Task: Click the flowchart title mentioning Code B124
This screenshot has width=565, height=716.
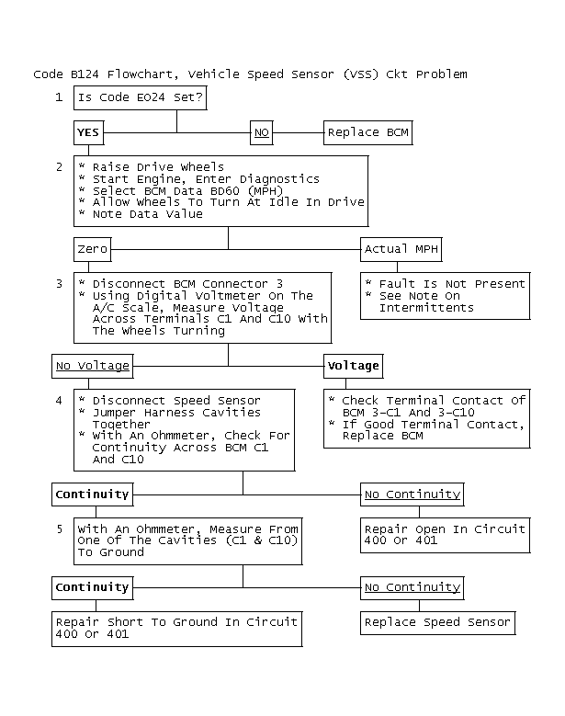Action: click(250, 74)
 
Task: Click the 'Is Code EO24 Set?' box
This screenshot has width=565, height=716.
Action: click(138, 97)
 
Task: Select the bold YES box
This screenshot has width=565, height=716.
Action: click(88, 133)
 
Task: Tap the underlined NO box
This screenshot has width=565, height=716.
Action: click(262, 133)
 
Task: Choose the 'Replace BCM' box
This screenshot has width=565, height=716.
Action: click(367, 133)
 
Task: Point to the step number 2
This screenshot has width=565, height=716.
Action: click(59, 166)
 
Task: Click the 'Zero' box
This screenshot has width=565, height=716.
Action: click(92, 249)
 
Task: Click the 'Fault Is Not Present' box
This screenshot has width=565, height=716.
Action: click(444, 295)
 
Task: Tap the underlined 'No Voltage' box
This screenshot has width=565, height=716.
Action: click(92, 366)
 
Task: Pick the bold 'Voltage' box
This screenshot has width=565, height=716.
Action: click(353, 366)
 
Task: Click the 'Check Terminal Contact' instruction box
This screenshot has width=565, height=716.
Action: click(427, 418)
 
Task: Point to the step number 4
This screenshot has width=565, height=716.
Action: click(59, 401)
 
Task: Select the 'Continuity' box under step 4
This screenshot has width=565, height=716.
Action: click(92, 494)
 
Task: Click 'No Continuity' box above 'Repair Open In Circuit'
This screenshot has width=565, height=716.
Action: click(412, 494)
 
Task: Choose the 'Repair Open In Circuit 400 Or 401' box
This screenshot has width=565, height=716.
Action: click(445, 535)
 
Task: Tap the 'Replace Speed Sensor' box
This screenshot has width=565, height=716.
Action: click(437, 622)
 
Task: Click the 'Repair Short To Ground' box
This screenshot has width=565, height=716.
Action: click(176, 628)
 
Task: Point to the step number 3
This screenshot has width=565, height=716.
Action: click(59, 284)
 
